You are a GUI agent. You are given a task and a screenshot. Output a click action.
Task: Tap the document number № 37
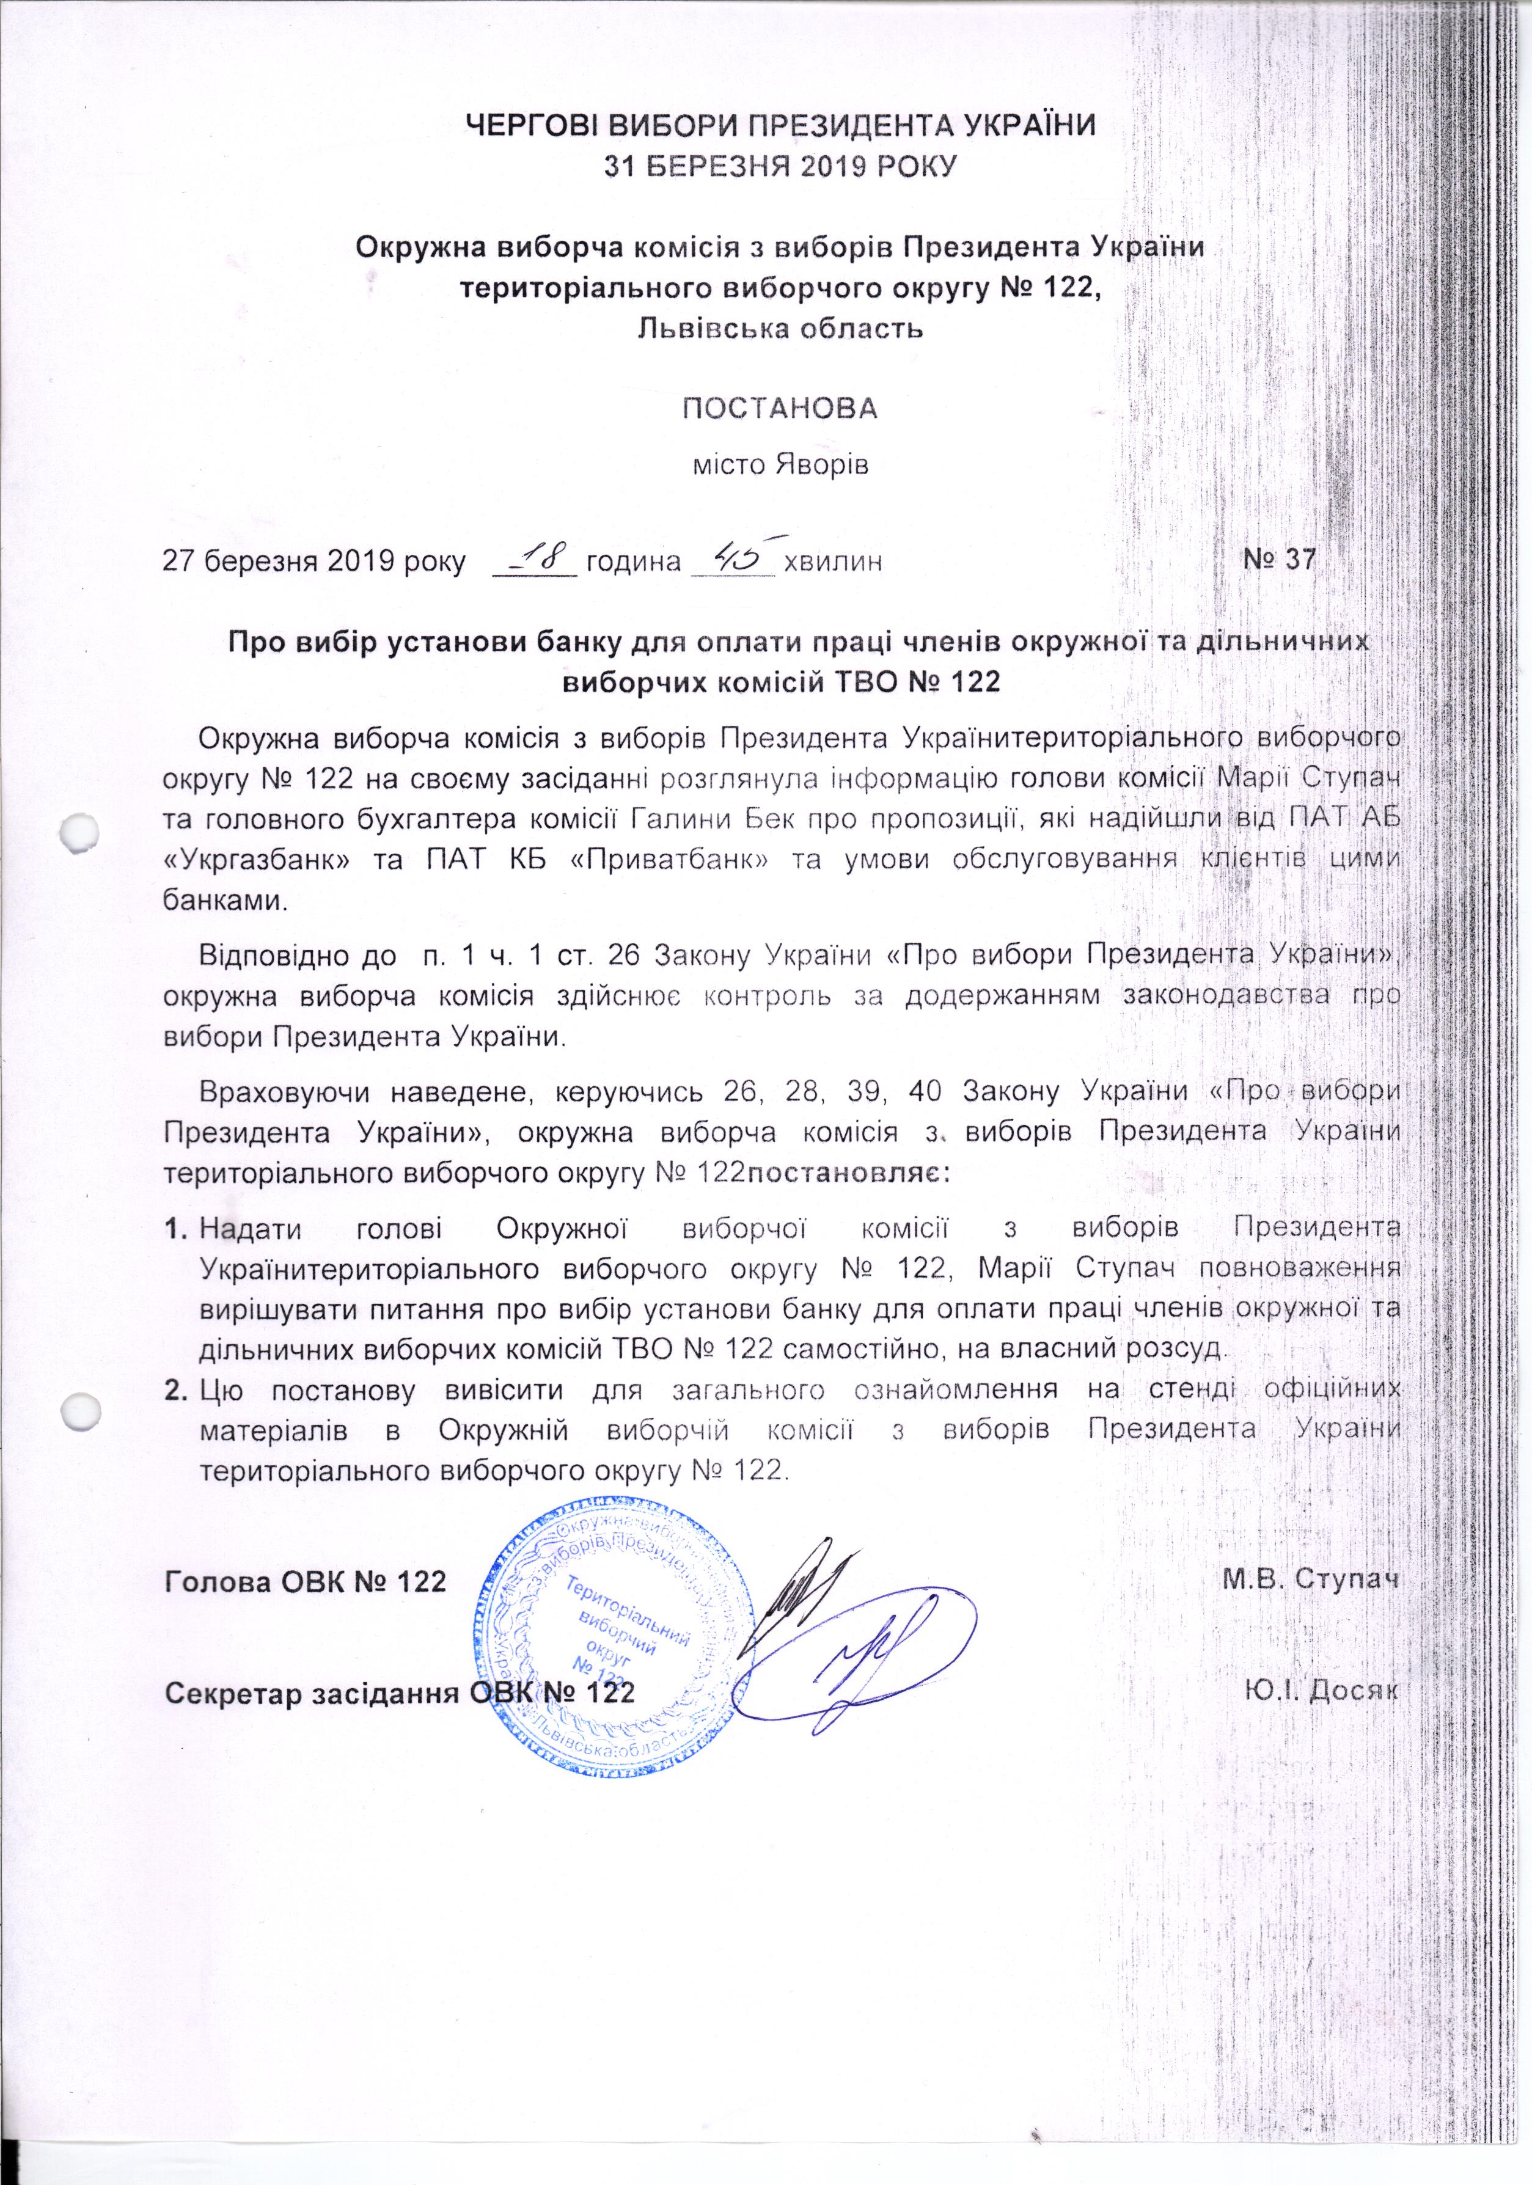tap(1279, 560)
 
